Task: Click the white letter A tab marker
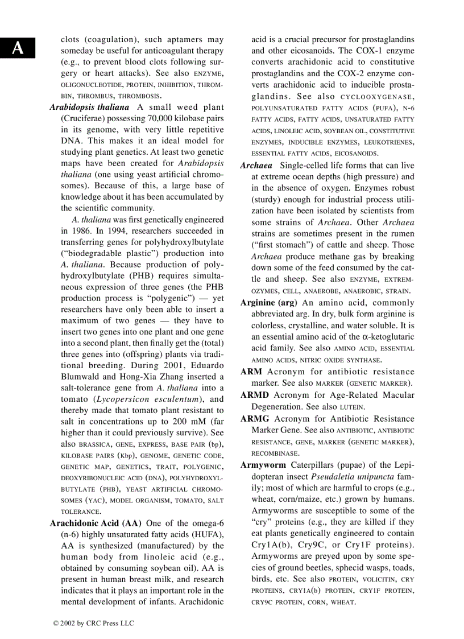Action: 18,49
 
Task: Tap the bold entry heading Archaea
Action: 256,166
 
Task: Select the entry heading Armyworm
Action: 263,465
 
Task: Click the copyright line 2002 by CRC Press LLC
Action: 93,624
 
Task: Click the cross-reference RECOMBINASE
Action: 275,454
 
